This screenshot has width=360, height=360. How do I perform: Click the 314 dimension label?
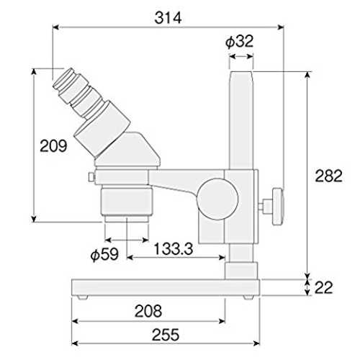[x=168, y=18]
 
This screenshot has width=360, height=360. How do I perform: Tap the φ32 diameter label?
[x=240, y=41]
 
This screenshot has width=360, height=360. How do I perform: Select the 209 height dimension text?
[x=53, y=145]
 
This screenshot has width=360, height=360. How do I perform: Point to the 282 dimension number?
[x=328, y=176]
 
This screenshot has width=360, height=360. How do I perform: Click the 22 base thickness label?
[x=323, y=287]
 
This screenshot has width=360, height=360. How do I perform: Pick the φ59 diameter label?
[x=104, y=254]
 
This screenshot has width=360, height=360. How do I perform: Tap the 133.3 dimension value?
[x=174, y=248]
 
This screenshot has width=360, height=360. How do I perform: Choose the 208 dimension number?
[x=148, y=311]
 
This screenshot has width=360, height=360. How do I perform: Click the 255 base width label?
[x=166, y=335]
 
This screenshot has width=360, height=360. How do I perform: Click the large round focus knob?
[x=217, y=199]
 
